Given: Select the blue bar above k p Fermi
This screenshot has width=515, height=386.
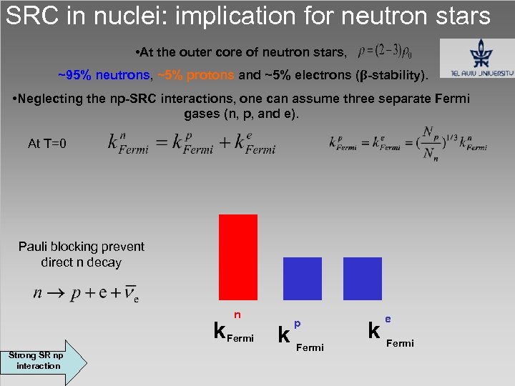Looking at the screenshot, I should (x=303, y=278).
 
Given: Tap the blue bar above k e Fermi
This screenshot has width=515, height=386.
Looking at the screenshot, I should (x=363, y=278).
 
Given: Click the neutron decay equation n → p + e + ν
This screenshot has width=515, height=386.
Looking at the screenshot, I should (x=85, y=294).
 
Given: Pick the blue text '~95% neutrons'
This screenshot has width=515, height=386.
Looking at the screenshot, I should (x=104, y=75).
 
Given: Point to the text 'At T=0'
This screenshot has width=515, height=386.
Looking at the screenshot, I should (x=47, y=144).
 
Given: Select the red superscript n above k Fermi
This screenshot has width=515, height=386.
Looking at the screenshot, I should (x=237, y=315).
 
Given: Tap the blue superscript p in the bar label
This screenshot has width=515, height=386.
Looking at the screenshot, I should (x=298, y=324).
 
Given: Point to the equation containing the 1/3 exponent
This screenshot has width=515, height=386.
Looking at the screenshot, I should (x=408, y=142).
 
